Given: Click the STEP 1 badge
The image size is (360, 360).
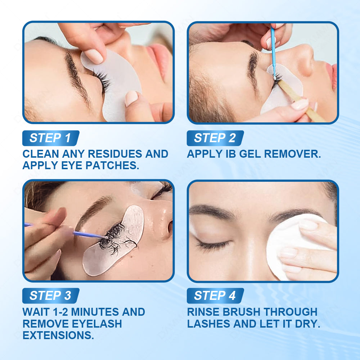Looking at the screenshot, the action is [51, 138].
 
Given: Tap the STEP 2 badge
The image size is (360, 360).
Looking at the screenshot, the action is [215, 138].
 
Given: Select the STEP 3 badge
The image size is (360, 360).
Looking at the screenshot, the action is [51, 296].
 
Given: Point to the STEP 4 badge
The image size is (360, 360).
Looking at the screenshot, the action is [215, 296].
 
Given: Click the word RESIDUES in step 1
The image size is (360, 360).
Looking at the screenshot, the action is [115, 154].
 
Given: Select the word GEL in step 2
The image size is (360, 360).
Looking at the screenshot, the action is [250, 154].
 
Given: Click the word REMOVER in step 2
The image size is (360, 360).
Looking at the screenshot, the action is [292, 154].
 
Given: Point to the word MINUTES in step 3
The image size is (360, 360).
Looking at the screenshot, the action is [95, 312].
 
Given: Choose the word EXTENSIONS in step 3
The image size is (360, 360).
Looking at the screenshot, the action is [58, 335].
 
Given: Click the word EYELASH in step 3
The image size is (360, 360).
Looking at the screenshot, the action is [97, 324].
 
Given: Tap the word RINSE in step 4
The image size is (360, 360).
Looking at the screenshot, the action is [203, 312].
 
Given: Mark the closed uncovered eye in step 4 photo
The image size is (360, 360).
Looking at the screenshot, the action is [212, 245].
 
